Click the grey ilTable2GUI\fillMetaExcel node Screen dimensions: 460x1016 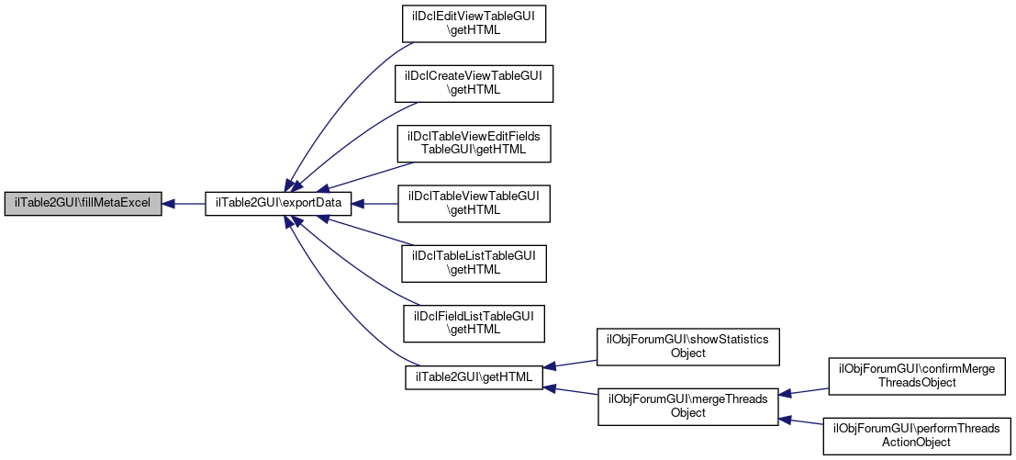tap(83, 204)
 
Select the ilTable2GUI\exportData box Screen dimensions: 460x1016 tap(278, 204)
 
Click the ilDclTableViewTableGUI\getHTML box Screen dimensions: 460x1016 tap(473, 203)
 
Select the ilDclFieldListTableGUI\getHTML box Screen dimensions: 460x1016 tap(473, 322)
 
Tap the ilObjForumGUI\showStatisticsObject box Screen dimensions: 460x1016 tap(688, 346)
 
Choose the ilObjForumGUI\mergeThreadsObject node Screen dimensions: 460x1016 tap(688, 406)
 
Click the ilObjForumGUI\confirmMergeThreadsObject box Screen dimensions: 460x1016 tap(917, 376)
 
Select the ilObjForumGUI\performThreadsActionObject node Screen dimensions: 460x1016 tap(917, 435)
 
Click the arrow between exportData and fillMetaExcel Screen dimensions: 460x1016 tap(184, 204)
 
